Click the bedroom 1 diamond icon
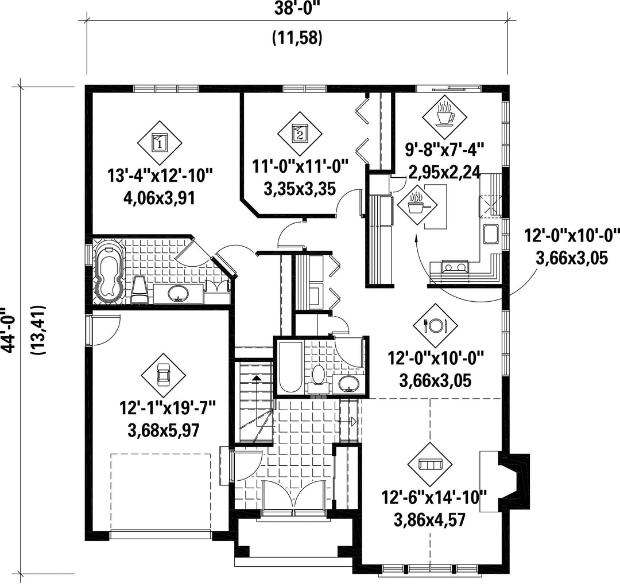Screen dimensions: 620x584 click(160, 143)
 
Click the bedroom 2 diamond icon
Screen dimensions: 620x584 click(299, 134)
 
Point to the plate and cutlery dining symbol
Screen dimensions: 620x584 click(435, 326)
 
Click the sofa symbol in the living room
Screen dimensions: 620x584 click(430, 464)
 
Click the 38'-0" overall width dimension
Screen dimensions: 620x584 click(297, 7)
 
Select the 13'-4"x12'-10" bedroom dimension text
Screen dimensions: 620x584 click(160, 176)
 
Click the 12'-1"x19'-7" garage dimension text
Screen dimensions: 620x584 click(167, 407)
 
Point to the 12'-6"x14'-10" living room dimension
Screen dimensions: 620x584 click(434, 497)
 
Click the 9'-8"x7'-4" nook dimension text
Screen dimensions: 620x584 click(444, 150)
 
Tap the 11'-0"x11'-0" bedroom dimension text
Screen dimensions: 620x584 click(300, 166)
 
